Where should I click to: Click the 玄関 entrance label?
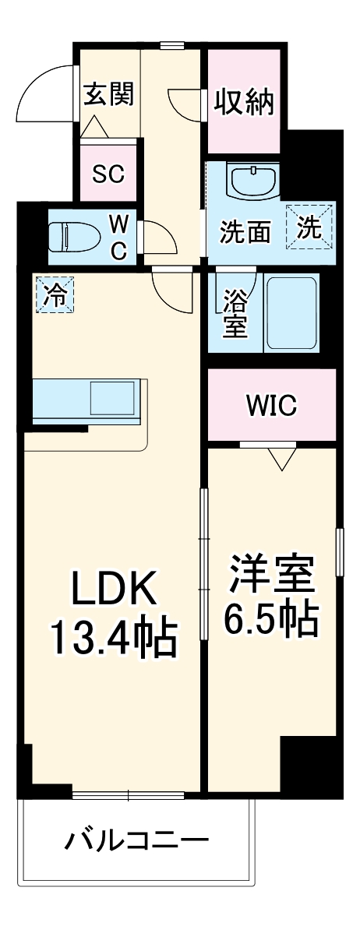point(109,94)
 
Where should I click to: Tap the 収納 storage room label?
point(245,101)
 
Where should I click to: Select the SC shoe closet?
point(108,173)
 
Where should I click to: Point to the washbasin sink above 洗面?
point(253,181)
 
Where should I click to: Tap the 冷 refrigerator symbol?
point(55,294)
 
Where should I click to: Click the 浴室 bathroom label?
point(235,314)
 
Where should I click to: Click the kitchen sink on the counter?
point(113,398)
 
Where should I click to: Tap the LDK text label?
point(115,591)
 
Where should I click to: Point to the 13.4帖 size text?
point(115,638)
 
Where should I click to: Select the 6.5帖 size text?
point(271,620)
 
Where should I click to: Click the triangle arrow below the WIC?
point(281,459)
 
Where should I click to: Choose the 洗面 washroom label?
point(245,231)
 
